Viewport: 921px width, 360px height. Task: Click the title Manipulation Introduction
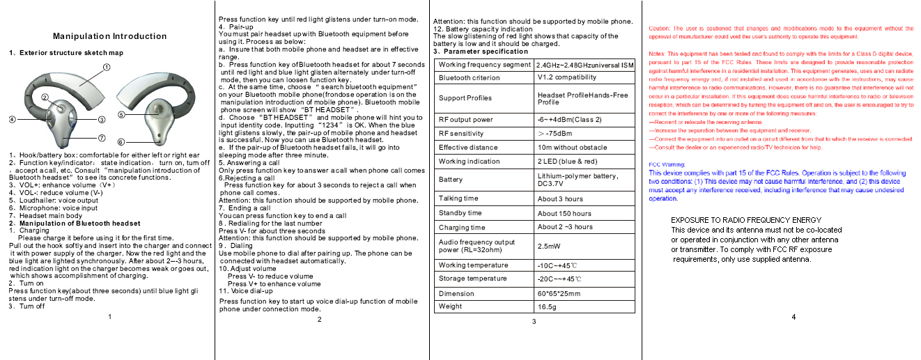pos(110,36)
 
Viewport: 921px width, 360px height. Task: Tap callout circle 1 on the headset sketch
pos(107,67)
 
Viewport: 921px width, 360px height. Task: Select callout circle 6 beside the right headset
pos(120,141)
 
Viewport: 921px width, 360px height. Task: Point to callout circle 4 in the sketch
pos(13,119)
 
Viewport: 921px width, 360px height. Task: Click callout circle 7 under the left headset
pos(101,137)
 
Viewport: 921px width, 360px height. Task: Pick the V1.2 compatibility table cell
pos(567,77)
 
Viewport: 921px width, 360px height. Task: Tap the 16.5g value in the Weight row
pos(547,306)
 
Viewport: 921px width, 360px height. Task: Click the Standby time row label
pos(460,213)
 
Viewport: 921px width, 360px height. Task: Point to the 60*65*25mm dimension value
pos(559,294)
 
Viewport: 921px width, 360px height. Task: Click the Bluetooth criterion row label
pos(469,78)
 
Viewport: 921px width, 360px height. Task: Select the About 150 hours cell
pos(564,214)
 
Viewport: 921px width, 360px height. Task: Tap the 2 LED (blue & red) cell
pos(568,162)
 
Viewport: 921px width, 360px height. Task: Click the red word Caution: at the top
pos(659,29)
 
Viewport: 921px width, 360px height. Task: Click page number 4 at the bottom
pos(794,318)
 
